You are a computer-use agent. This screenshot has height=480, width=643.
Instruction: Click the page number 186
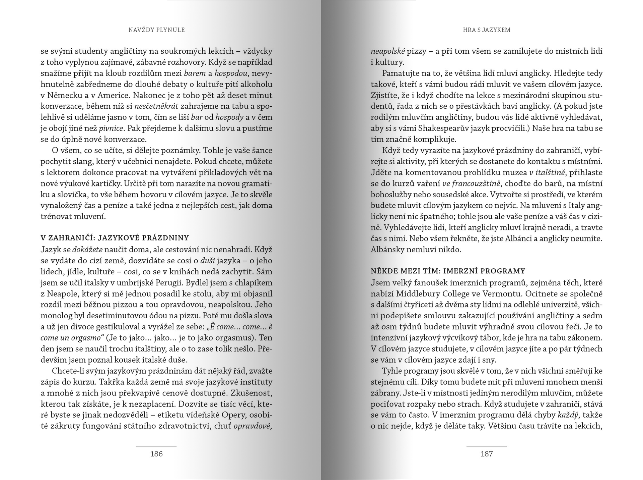tap(156, 454)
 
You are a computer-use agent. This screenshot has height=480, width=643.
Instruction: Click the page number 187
tap(487, 454)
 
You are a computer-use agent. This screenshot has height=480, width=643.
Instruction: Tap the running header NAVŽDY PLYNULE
tap(157, 30)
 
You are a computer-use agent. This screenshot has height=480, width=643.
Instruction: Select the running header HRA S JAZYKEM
tap(487, 30)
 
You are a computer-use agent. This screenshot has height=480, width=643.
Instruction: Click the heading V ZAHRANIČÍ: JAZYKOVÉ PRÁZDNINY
tap(115, 238)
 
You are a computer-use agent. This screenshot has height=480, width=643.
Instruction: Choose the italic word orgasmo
tap(84, 338)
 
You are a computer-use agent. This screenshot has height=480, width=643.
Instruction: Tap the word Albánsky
tap(387, 250)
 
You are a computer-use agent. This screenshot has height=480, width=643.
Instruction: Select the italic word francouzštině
tap(476, 183)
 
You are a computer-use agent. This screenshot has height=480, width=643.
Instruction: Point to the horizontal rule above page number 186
tap(156, 447)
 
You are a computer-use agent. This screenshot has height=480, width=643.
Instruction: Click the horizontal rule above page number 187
tap(487, 447)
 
